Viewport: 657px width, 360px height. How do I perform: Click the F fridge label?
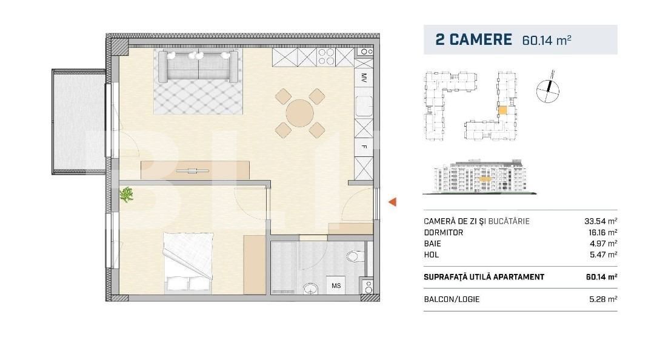364,147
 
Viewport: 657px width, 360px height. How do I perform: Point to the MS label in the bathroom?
335,285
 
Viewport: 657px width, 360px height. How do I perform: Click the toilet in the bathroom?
356,256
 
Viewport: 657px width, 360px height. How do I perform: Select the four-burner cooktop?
325,57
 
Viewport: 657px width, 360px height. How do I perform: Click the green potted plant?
127,195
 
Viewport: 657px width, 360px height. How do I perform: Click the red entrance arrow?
392,202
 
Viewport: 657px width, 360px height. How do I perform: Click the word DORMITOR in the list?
444,233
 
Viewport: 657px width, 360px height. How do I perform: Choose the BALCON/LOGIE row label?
452,299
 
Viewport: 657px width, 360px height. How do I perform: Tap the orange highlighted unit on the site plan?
502,111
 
